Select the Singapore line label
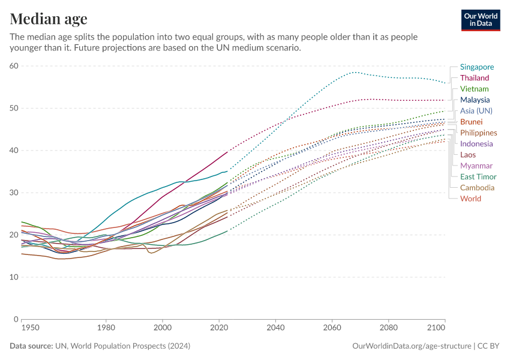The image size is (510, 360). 477,67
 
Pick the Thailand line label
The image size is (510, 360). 475,78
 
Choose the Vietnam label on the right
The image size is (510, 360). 474,89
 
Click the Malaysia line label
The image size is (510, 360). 475,100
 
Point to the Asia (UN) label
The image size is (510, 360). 476,111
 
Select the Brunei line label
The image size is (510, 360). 471,122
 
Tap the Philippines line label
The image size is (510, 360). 478,133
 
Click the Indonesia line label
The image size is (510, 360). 476,144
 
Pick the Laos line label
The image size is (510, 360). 468,155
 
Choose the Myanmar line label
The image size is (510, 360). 476,166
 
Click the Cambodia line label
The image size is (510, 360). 477,188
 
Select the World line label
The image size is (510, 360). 470,199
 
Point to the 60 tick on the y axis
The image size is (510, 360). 13,66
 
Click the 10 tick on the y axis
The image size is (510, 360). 13,277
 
